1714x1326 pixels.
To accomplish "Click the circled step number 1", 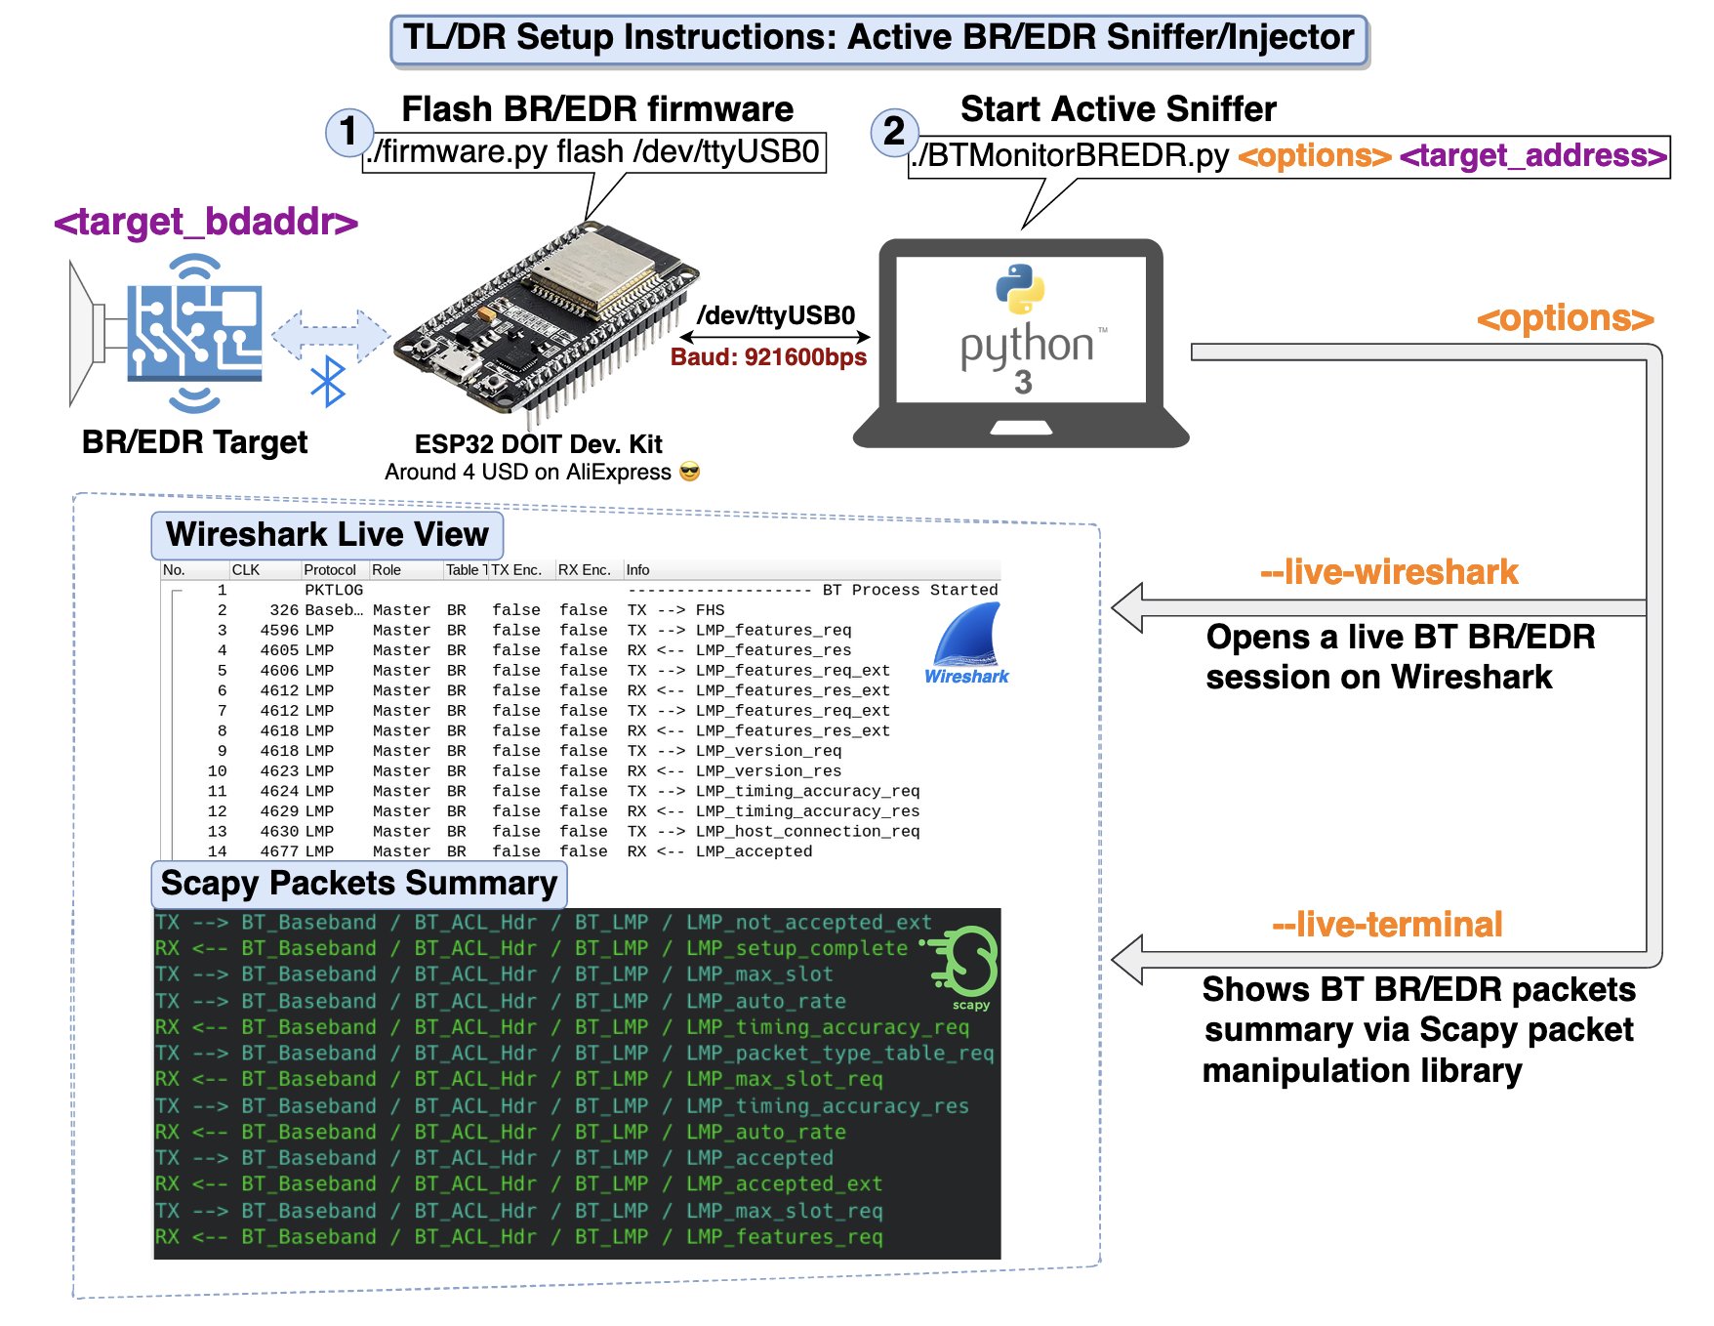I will click(347, 132).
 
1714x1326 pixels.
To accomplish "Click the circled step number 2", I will click(893, 132).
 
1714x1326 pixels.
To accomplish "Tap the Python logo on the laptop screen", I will click(1020, 289).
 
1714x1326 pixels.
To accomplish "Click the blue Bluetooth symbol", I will click(328, 381).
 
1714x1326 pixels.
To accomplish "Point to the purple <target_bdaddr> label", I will click(206, 223).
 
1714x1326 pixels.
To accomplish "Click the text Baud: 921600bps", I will click(768, 357).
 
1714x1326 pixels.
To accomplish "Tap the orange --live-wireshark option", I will click(1389, 572).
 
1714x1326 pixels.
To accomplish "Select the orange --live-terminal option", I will click(1387, 925).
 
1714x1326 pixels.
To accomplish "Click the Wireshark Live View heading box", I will click(327, 535).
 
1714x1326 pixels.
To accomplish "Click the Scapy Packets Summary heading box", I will click(358, 884).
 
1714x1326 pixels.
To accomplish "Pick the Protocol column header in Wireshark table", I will click(329, 570).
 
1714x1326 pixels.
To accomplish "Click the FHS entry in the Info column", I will click(710, 610).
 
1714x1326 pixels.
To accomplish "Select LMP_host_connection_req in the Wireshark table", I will click(807, 832).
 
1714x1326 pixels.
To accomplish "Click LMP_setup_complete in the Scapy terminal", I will click(796, 948).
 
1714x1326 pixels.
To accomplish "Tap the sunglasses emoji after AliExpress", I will click(689, 473).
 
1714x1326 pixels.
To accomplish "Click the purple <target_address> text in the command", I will click(1532, 156).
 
